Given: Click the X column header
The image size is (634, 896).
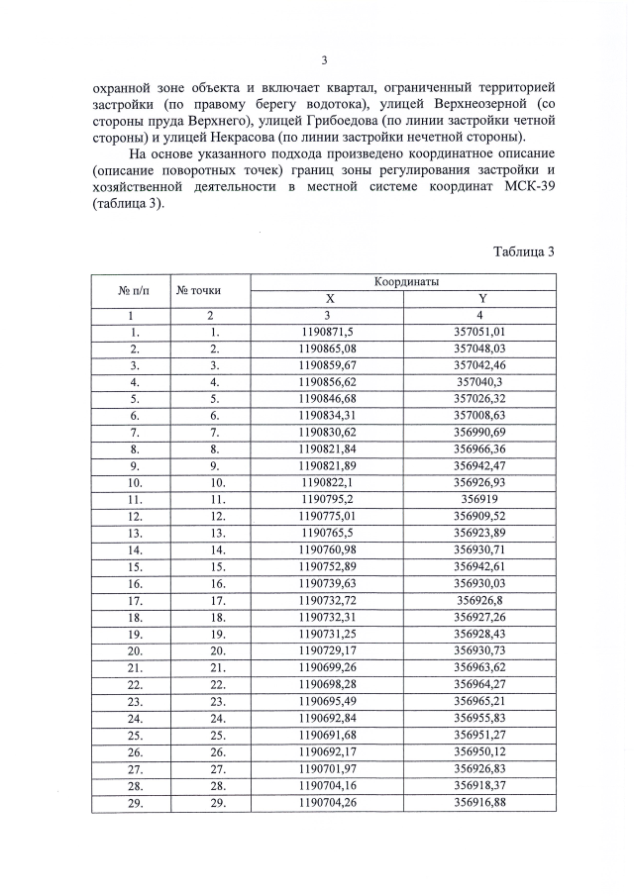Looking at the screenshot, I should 331,298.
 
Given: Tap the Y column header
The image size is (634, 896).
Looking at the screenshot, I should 480,298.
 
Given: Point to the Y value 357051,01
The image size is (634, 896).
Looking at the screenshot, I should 480,332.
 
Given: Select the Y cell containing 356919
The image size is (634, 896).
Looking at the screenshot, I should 480,500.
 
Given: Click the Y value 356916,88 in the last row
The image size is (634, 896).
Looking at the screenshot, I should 480,803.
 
